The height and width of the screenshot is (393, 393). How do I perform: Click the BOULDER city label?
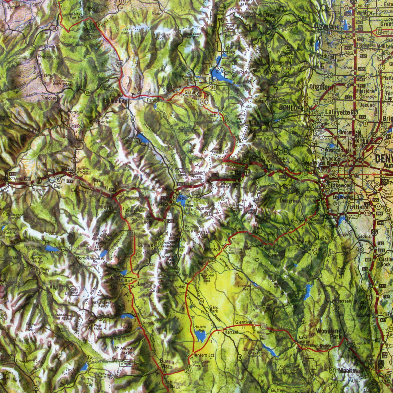click(x=291, y=108)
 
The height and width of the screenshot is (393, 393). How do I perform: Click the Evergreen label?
click(x=290, y=201)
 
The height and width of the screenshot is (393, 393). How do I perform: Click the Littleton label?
click(x=360, y=207)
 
